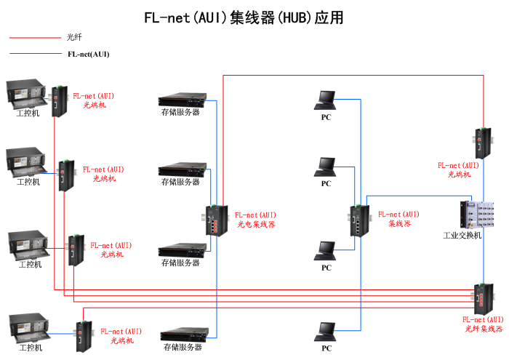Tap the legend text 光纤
(x=74, y=38)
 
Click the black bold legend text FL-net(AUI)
(x=88, y=54)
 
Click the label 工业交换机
(x=462, y=236)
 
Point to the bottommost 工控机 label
(x=31, y=348)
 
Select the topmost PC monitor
(x=326, y=99)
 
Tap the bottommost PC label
(x=326, y=349)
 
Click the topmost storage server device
(x=180, y=99)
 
